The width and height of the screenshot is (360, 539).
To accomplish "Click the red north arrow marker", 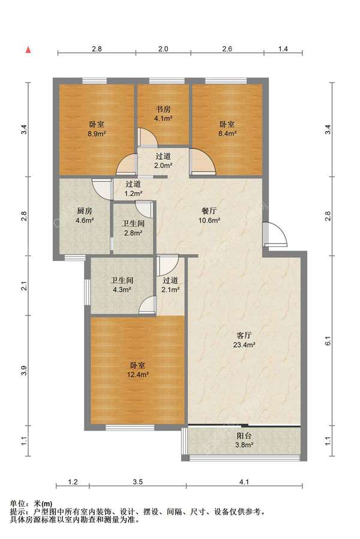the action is (29, 50).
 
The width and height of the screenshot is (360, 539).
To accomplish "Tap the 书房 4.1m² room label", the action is (163, 114).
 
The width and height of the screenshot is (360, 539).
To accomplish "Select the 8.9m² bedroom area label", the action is (97, 129).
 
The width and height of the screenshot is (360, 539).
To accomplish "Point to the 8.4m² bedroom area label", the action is (227, 128).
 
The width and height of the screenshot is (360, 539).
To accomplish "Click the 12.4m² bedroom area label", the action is (137, 370).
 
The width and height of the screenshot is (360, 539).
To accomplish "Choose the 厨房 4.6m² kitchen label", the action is (85, 215).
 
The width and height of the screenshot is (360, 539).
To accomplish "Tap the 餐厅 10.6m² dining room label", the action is (209, 215).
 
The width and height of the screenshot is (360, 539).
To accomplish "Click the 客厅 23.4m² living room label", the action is (244, 339).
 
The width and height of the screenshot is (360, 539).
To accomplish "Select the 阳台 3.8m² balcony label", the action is (244, 440).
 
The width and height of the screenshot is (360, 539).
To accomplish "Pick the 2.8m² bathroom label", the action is (134, 228).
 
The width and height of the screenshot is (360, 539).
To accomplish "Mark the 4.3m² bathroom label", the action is (122, 285).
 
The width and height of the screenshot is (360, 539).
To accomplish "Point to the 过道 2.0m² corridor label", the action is (163, 161).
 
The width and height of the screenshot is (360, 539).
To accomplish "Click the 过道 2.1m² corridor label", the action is (170, 285).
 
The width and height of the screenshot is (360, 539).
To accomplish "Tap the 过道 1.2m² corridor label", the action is (134, 189).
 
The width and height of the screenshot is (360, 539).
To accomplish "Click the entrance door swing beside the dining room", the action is (275, 235).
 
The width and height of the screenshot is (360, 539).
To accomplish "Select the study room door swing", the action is (148, 137).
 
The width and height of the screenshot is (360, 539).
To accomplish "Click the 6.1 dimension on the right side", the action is (328, 341).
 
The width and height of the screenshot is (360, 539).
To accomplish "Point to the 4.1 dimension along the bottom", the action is (244, 482).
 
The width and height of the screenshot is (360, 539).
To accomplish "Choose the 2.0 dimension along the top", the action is (163, 49).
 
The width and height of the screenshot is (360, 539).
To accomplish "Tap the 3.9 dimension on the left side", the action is (24, 371).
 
